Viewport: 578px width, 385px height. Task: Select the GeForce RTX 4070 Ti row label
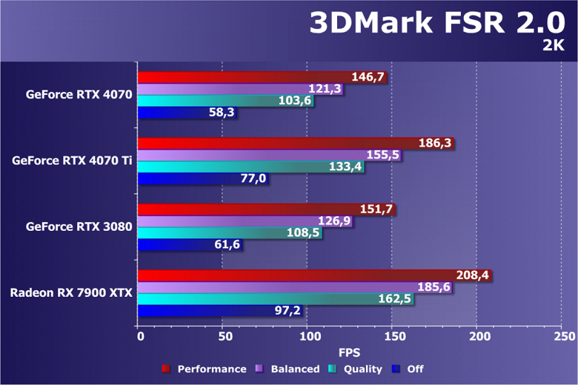coord(72,161)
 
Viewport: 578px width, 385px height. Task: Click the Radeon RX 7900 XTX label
coord(71,292)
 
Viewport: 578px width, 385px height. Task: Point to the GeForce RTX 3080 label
coord(79,227)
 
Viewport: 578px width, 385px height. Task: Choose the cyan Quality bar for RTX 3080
coord(215,233)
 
